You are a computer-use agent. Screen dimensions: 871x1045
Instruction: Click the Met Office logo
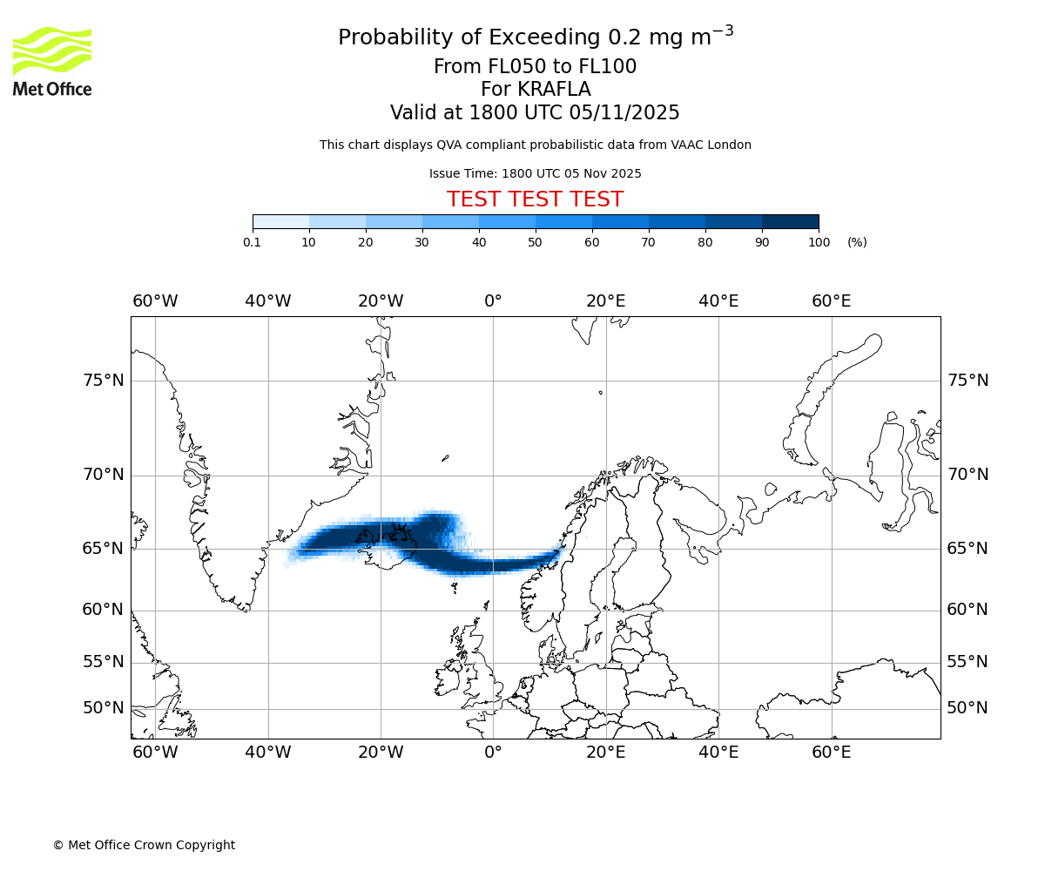pos(52,61)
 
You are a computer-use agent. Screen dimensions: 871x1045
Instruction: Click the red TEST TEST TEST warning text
pos(535,199)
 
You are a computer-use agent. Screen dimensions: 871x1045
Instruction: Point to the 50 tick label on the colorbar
pos(536,242)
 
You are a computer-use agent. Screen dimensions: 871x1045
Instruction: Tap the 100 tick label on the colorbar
pos(819,242)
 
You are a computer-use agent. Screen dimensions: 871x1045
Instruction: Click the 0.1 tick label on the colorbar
pos(253,242)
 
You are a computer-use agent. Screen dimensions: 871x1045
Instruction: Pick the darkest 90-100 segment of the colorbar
pos(790,221)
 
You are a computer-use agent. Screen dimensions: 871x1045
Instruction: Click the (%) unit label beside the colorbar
pos(857,242)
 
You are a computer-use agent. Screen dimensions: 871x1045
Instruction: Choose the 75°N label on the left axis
pos(103,381)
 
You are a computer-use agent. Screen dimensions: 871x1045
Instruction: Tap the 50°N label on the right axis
pos(967,708)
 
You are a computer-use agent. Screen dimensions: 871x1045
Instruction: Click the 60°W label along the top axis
pos(155,301)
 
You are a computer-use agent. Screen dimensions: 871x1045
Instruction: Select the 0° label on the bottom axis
pos(493,753)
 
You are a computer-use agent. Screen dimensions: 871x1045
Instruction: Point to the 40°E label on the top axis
pos(718,301)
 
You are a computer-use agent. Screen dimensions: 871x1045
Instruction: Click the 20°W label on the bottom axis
pos(381,753)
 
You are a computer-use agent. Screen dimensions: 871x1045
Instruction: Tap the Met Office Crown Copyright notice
pos(144,845)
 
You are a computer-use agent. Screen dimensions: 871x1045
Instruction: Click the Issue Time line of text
pos(535,173)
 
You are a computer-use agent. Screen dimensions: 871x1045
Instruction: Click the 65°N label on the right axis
pos(967,549)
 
